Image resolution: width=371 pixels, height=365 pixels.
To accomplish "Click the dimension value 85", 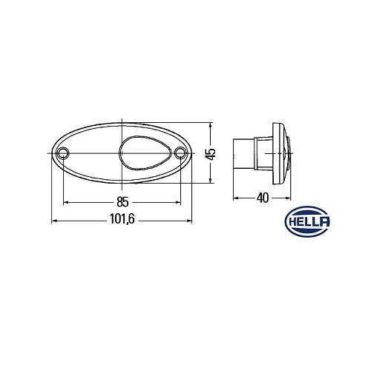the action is click(122, 202).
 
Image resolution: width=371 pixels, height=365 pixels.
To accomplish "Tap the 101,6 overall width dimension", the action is click(122, 219).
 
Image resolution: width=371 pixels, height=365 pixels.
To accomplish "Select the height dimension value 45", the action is click(212, 154).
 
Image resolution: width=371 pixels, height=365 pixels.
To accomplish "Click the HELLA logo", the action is click(307, 221).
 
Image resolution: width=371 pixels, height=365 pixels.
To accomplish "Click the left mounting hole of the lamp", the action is click(63, 153).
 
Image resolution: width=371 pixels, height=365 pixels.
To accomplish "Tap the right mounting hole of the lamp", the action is click(180, 153).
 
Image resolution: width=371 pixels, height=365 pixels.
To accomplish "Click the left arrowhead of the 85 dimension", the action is click(66, 202).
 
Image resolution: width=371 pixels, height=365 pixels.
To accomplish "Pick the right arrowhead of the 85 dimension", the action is click(178, 202).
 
